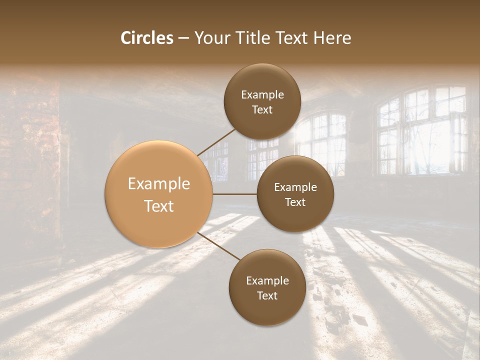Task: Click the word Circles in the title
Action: point(146,38)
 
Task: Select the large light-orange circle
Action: point(159,194)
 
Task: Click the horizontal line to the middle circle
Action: point(235,194)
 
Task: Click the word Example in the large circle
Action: point(159,184)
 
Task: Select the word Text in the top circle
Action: point(262,110)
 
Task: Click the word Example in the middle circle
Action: point(295,187)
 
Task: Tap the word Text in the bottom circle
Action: point(267,295)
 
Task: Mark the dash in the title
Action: point(183,38)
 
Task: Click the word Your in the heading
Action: point(209,38)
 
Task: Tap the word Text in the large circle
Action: point(159,206)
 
